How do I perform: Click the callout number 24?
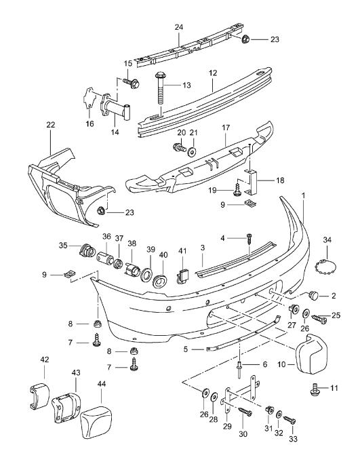coord(179,28)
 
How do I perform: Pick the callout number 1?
coord(303,195)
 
